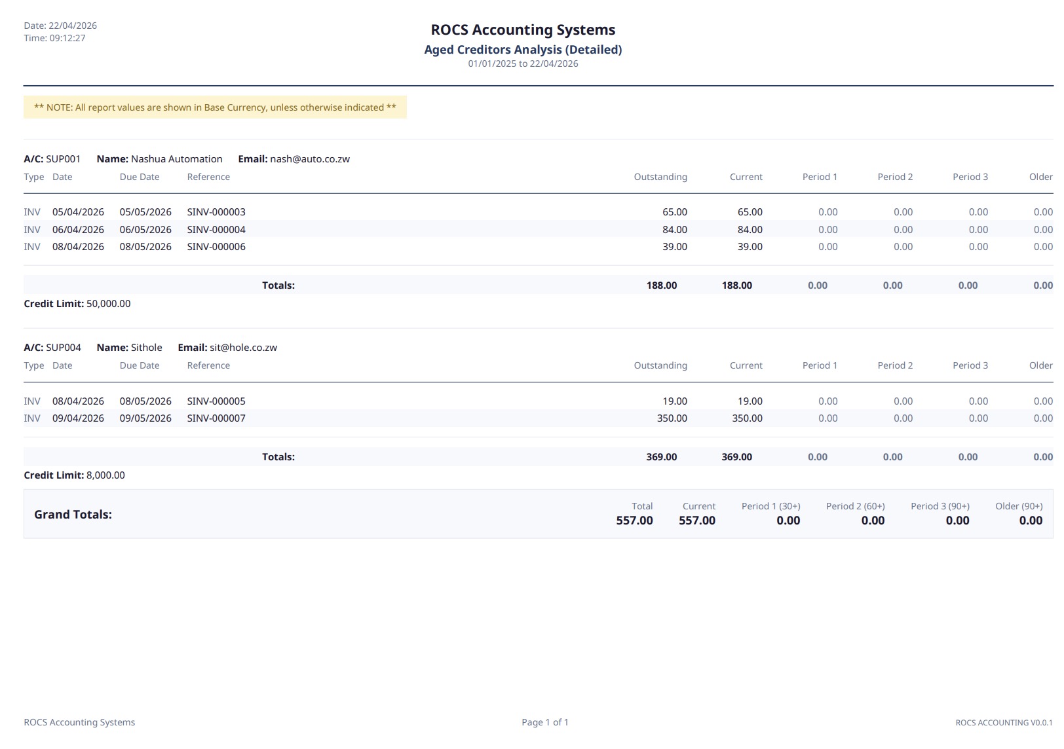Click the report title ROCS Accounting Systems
click(523, 30)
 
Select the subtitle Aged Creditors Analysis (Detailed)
click(523, 50)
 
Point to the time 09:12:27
click(67, 38)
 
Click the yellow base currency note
click(215, 107)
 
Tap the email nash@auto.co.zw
click(310, 159)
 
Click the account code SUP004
click(64, 348)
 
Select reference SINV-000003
click(216, 212)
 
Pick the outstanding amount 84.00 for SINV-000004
click(674, 230)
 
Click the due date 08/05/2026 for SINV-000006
click(145, 247)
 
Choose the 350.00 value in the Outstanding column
click(672, 418)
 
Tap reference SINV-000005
click(216, 401)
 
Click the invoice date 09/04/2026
click(78, 418)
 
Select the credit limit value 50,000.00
click(109, 304)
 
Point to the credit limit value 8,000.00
click(105, 475)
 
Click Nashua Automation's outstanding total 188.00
click(662, 285)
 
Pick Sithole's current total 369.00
click(736, 457)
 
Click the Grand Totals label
click(73, 515)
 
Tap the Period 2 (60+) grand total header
click(855, 506)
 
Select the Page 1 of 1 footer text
click(545, 722)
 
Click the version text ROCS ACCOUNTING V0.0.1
click(1004, 723)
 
